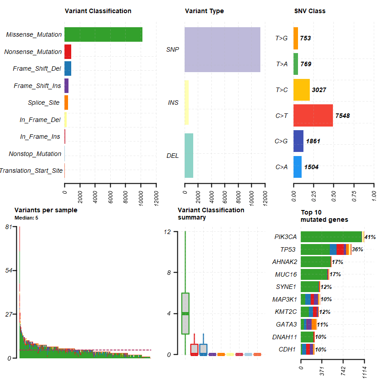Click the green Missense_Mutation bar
[103, 34]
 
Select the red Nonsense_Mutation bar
[68, 52]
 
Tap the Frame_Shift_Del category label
[37, 68]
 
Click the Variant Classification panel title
[98, 11]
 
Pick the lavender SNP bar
[222, 49]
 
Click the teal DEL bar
[189, 156]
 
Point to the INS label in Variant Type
[173, 103]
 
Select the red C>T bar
[313, 116]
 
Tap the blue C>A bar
[298, 167]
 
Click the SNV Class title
[310, 11]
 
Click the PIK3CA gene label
[285, 237]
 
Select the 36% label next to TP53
[357, 249]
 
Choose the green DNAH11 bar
[307, 337]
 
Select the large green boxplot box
[185, 313]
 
